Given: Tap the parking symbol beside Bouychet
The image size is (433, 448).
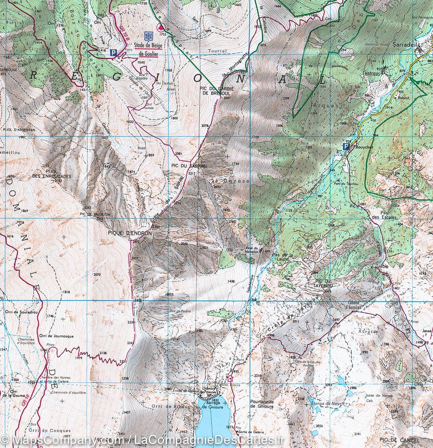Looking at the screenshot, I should pos(346,147).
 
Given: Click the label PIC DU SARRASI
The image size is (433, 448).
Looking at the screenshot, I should pos(184,165).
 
